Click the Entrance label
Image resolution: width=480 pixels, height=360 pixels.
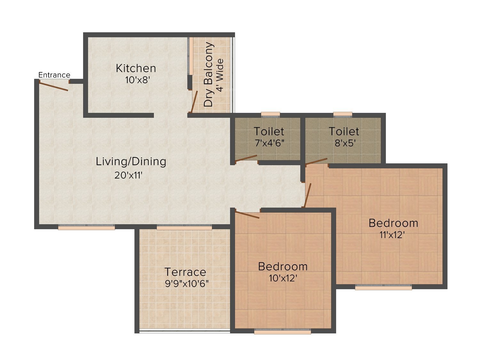(54, 75)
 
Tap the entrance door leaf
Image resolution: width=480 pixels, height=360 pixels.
(53, 86)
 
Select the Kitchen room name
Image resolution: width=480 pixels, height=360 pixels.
(136, 68)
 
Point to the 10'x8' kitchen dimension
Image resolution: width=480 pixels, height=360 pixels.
(138, 80)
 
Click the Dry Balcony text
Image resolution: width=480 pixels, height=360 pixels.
(208, 74)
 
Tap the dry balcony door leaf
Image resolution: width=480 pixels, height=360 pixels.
(194, 102)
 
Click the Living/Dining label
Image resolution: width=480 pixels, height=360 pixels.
(131, 162)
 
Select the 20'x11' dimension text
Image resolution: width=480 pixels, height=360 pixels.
(128, 175)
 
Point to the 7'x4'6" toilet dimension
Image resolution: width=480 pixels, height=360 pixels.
(269, 143)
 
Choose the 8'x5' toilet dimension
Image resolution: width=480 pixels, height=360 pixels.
(345, 143)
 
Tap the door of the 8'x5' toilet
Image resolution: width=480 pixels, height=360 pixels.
(316, 161)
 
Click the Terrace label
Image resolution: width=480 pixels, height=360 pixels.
(185, 272)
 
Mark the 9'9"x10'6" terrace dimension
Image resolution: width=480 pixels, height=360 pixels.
(187, 284)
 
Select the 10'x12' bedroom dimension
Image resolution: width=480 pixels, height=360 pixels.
(283, 278)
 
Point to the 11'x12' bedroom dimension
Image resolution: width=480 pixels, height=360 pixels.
(392, 235)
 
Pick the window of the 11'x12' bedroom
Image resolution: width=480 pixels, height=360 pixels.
(383, 287)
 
